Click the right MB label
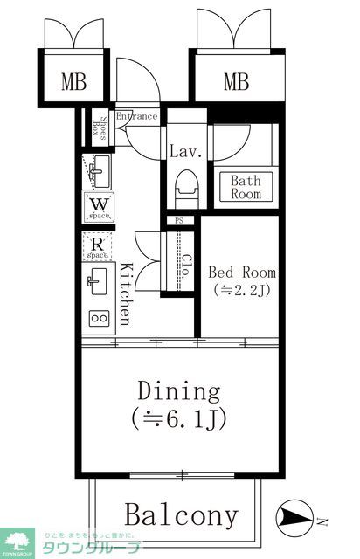tap(235, 83)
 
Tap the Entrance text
tap(137, 116)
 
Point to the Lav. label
tap(186, 151)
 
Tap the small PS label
tap(180, 221)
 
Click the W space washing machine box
tap(97, 206)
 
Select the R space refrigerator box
tap(97, 247)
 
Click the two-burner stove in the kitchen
tap(97, 319)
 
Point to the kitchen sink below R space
tap(97, 282)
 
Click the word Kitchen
tap(127, 293)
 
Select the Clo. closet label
tap(186, 264)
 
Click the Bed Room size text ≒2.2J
tap(239, 291)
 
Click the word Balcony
tap(180, 515)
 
